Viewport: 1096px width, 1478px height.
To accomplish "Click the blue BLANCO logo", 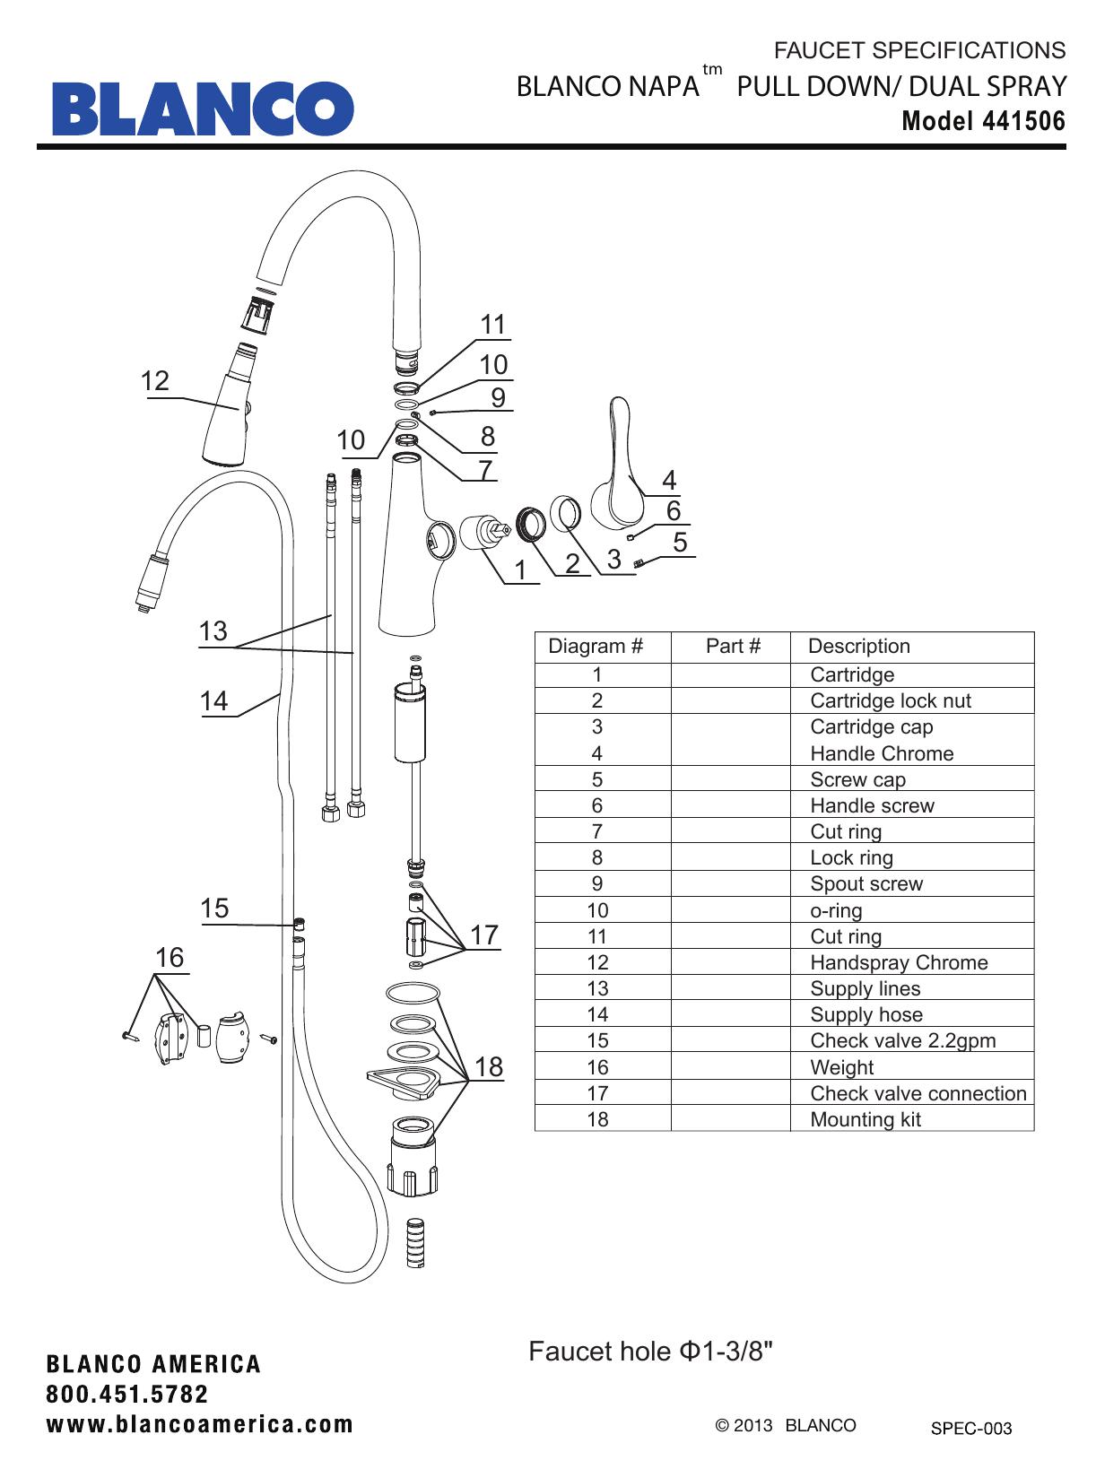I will click(203, 109).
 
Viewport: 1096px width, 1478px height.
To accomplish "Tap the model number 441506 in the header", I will click(1023, 121).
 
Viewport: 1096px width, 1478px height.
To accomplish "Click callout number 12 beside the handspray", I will click(154, 381).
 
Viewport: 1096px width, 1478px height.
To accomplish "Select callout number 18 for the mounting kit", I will click(489, 1066).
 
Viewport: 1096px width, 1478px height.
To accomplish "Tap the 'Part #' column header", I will click(733, 646).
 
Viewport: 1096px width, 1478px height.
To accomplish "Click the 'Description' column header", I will click(858, 646).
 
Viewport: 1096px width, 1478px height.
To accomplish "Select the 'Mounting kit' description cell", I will click(865, 1119).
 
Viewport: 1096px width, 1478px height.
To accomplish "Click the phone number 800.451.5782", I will click(127, 1395).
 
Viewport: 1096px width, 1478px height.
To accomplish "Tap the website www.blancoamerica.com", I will click(200, 1425).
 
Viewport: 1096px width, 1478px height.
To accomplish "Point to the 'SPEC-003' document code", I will click(971, 1429).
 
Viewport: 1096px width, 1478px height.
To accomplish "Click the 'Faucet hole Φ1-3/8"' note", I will click(650, 1352).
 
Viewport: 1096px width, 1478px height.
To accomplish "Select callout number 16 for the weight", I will click(170, 958).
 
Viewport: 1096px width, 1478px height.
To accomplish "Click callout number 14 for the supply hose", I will click(213, 701).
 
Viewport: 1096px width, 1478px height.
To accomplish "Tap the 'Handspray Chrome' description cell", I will click(899, 962).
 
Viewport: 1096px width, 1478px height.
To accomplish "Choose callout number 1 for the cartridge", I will click(520, 570).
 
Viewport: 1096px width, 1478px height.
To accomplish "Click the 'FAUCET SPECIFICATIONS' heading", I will click(919, 50).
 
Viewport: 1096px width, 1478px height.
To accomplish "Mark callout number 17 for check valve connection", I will click(483, 935).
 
